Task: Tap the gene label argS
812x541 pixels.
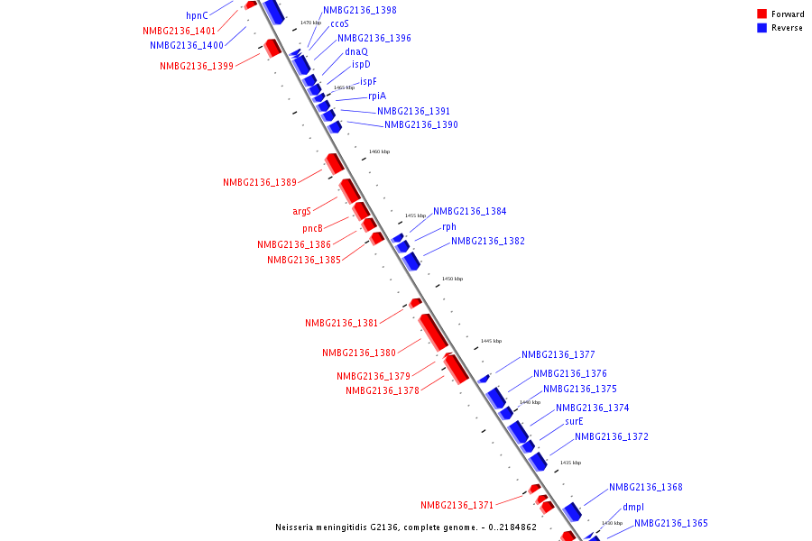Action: (x=301, y=212)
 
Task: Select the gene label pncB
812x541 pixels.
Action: (x=312, y=229)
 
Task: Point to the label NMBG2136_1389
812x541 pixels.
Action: (x=260, y=183)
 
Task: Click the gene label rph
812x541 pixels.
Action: (x=449, y=227)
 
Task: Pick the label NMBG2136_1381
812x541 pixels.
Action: (x=341, y=324)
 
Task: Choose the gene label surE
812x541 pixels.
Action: (x=574, y=422)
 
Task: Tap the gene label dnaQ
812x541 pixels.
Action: (x=356, y=52)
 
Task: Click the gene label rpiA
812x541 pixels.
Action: (x=376, y=96)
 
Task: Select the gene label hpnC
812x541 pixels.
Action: (x=197, y=15)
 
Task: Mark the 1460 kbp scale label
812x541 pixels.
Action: (x=380, y=152)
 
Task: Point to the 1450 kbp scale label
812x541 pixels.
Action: (x=452, y=280)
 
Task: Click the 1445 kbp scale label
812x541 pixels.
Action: (x=491, y=342)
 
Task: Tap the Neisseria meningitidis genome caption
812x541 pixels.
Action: (x=406, y=527)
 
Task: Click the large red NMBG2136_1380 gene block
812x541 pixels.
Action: (x=433, y=332)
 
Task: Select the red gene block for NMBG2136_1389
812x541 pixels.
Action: (x=335, y=163)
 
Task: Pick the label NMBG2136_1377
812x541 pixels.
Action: (x=558, y=355)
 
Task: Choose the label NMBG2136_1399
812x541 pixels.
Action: (x=197, y=66)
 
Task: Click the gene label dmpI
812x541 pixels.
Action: (x=633, y=508)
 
